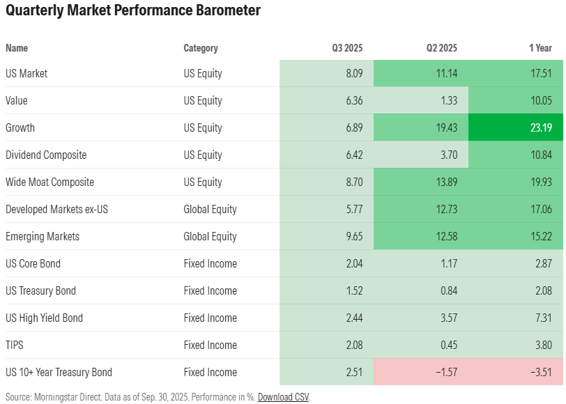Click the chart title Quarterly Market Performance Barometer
(x=133, y=11)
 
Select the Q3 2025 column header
(x=347, y=48)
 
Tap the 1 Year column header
(x=540, y=48)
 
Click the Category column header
(x=201, y=48)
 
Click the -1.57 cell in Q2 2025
(x=445, y=373)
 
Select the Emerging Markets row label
(x=43, y=237)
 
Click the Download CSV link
(x=283, y=397)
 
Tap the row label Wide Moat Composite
(x=49, y=182)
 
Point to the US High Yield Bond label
(x=44, y=318)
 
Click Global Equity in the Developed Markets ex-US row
(x=210, y=210)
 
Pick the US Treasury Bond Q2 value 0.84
(x=447, y=291)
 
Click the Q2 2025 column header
(x=442, y=48)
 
